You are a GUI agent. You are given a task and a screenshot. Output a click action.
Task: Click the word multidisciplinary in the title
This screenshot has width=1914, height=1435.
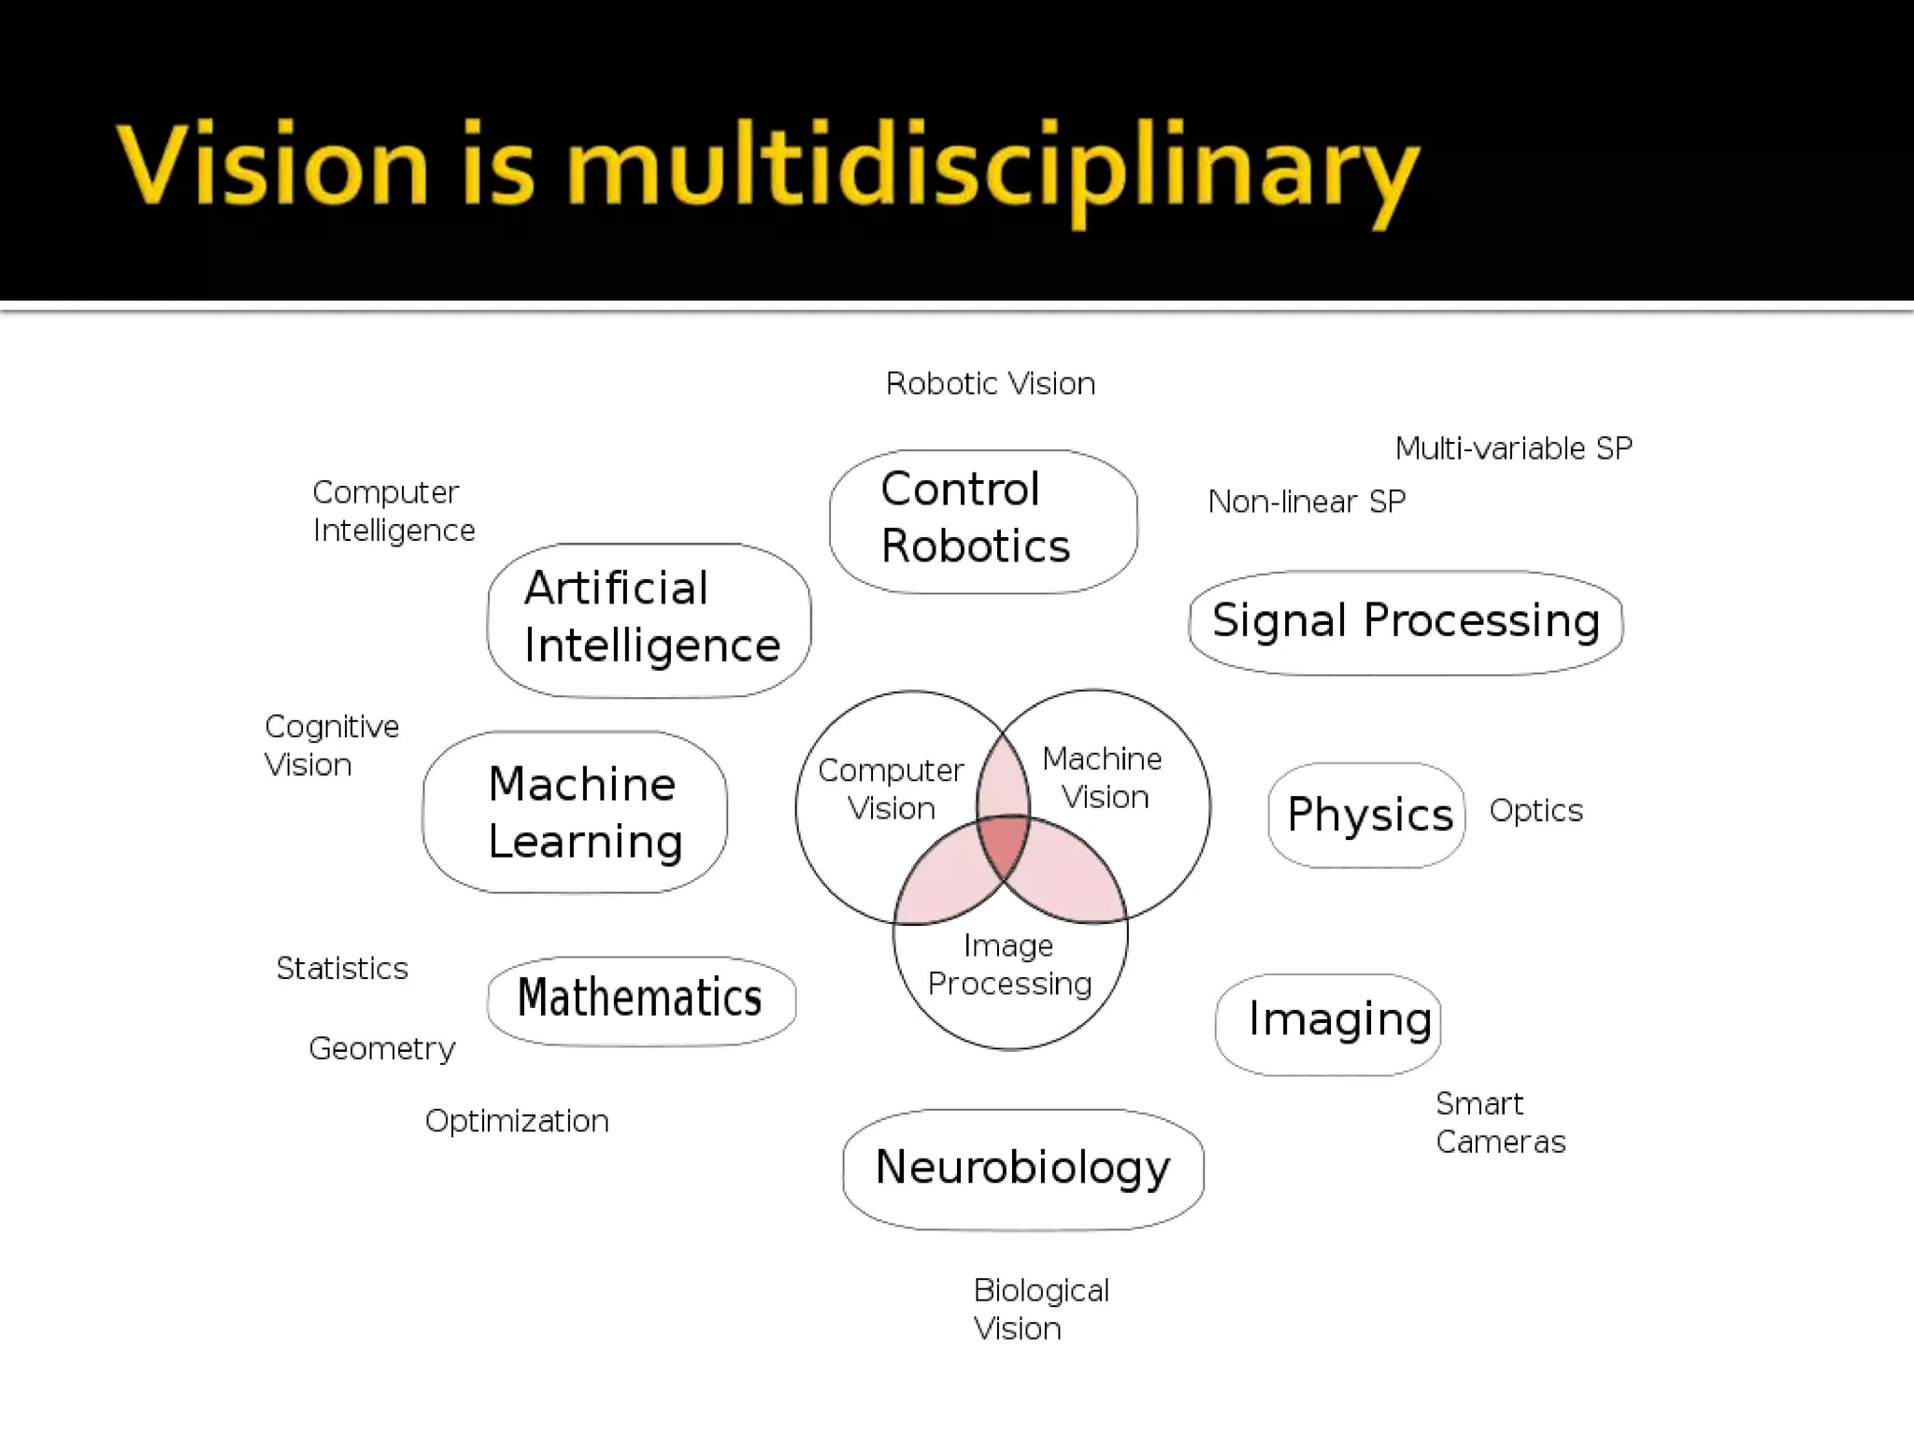[x=993, y=169]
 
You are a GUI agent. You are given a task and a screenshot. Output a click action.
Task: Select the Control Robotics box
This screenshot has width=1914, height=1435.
[x=982, y=520]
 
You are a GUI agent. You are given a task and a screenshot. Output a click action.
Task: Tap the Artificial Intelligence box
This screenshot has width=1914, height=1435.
[x=649, y=618]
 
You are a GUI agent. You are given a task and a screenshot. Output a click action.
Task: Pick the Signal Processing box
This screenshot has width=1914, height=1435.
[x=1405, y=621]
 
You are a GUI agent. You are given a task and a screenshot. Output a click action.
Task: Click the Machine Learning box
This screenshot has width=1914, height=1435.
[x=575, y=811]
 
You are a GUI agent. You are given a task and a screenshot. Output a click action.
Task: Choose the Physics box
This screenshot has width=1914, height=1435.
[x=1366, y=815]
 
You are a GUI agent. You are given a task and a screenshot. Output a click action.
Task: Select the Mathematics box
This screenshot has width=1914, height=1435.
[x=641, y=999]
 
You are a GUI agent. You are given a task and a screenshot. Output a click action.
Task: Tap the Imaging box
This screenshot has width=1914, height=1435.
[x=1328, y=1022]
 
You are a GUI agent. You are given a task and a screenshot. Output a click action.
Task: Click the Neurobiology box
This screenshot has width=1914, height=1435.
[x=1022, y=1168]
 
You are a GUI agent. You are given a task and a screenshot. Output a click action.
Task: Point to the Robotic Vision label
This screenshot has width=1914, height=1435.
[x=990, y=384]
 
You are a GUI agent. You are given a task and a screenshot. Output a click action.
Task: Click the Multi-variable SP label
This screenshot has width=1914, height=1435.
[x=1513, y=448]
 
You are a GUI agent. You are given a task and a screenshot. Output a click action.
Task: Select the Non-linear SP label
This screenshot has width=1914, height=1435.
[x=1306, y=502]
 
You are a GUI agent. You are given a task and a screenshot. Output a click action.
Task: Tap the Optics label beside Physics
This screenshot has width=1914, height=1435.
[x=1535, y=810]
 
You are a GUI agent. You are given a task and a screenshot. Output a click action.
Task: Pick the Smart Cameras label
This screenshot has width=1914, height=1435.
[x=1499, y=1122]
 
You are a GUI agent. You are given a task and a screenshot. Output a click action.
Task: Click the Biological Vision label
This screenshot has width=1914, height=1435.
[x=1040, y=1309]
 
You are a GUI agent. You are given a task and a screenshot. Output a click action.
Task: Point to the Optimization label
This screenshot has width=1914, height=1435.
[x=517, y=1120]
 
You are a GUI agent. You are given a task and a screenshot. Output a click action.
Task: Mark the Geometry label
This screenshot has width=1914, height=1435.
[x=381, y=1048]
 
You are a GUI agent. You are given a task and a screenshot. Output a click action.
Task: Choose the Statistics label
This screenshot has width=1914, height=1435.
[x=342, y=968]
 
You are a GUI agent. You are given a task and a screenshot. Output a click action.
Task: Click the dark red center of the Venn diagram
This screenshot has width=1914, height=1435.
[x=1005, y=844]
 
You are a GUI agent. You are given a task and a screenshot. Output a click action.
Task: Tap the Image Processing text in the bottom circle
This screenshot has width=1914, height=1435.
[x=1009, y=964]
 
